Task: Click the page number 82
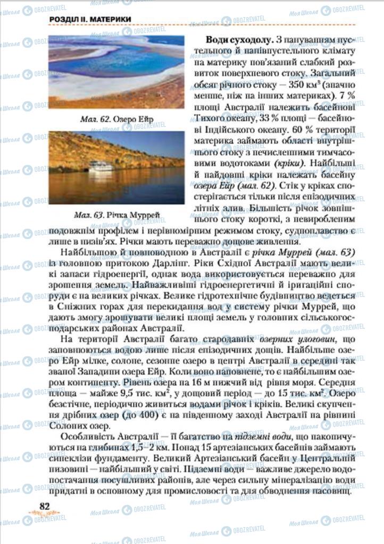[x=44, y=506]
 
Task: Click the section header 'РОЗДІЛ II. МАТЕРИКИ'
[x=90, y=20]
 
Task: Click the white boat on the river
[x=101, y=166]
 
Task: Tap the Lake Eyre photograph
[x=116, y=72]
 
